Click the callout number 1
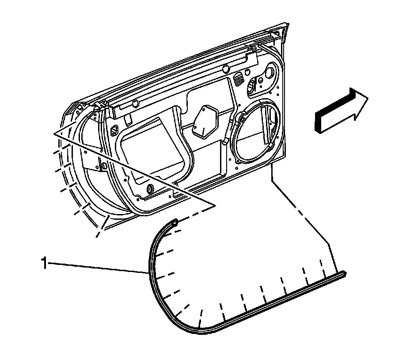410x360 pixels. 44,264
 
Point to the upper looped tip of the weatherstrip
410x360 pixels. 175,222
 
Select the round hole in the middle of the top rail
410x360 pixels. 225,69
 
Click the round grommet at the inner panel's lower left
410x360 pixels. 148,189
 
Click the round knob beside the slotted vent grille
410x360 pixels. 251,85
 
